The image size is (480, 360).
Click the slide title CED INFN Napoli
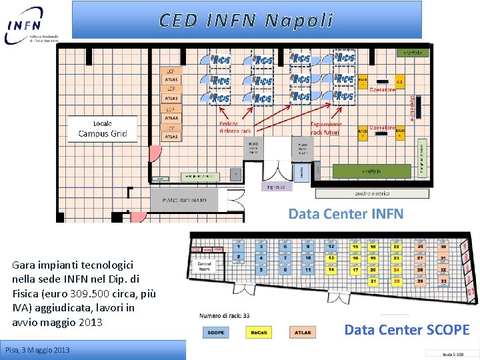click(x=246, y=20)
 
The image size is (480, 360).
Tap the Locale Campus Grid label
click(x=103, y=129)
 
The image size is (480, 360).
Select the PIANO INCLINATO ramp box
click(x=184, y=199)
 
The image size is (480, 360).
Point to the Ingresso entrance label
click(x=276, y=187)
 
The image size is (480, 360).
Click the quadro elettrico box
click(x=372, y=193)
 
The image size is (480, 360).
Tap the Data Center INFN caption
click(x=345, y=213)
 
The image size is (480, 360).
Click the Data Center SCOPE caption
click(x=407, y=329)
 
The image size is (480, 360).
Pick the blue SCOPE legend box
click(x=216, y=332)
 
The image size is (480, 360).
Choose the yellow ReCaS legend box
click(x=259, y=332)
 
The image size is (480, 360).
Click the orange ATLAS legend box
click(x=302, y=332)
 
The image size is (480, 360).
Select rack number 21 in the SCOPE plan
click(x=373, y=281)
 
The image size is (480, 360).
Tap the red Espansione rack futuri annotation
click(x=326, y=128)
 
